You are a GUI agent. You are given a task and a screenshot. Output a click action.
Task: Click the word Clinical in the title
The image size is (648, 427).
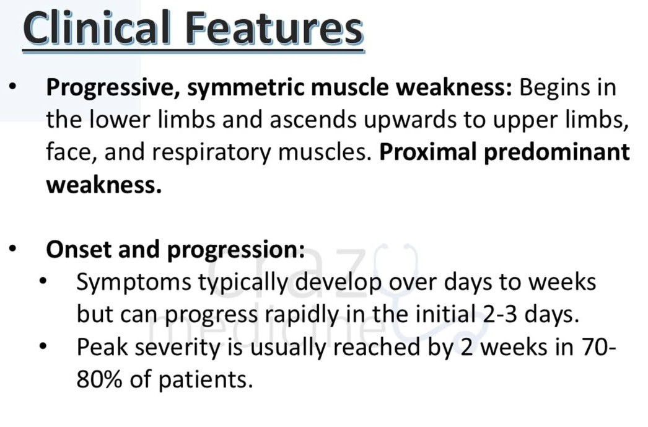pyautogui.click(x=97, y=28)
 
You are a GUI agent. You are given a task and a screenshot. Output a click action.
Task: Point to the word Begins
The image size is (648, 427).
pyautogui.click(x=549, y=88)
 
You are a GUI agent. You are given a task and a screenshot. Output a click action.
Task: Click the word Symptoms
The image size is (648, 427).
pyautogui.click(x=134, y=283)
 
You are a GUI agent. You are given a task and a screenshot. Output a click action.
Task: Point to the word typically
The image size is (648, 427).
pyautogui.click(x=243, y=283)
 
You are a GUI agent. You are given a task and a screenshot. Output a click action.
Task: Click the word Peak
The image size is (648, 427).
pyautogui.click(x=102, y=347)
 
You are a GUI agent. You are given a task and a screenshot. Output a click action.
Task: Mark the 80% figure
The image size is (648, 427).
pyautogui.click(x=100, y=379)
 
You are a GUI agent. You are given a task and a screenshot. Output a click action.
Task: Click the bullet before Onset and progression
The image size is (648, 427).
pyautogui.click(x=12, y=249)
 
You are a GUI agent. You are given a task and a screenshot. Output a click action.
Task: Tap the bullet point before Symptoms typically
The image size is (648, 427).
pyautogui.click(x=43, y=282)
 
